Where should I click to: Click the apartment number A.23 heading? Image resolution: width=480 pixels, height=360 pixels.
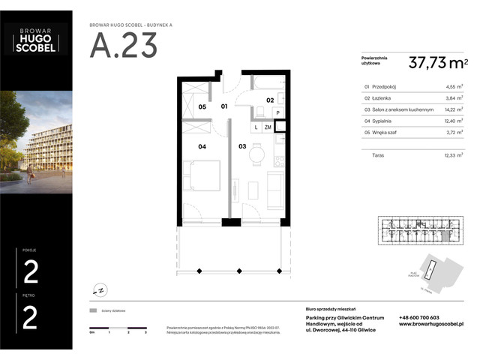click(124, 46)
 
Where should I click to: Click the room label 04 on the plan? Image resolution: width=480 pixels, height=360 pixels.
click(202, 146)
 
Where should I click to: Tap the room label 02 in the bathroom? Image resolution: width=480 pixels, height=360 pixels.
click(269, 99)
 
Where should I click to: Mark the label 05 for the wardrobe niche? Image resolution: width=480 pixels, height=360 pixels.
click(202, 107)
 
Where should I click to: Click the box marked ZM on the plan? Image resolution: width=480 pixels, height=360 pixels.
click(268, 127)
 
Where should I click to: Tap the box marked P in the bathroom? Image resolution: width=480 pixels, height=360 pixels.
click(277, 113)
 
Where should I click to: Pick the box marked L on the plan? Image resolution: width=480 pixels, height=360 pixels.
click(256, 127)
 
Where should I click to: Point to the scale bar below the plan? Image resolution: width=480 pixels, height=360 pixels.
click(118, 328)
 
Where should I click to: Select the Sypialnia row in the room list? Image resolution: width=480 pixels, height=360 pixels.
click(411, 121)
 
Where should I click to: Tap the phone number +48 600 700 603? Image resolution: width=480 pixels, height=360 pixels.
click(419, 317)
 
